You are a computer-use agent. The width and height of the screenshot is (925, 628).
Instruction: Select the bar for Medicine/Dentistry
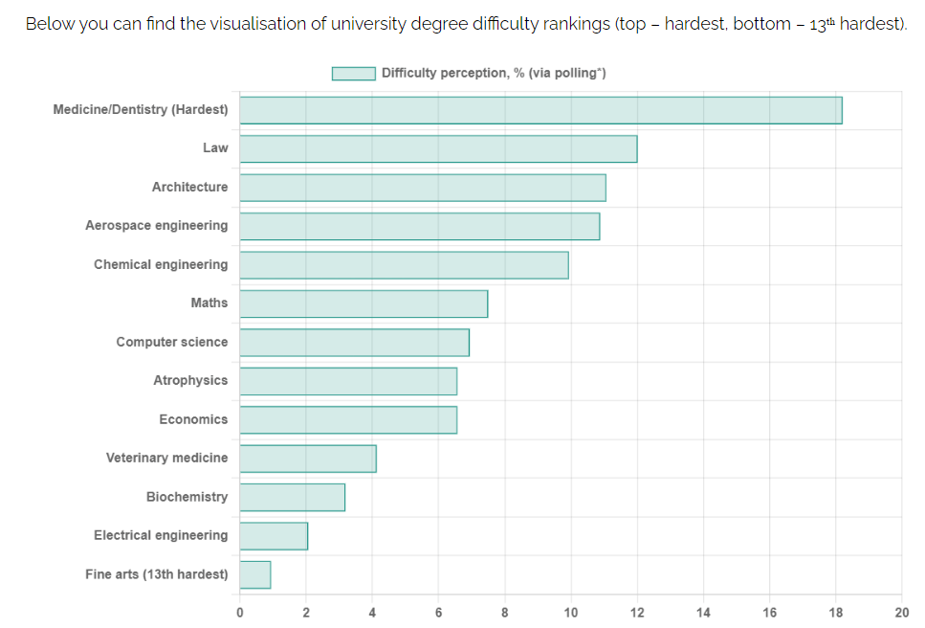point(540,110)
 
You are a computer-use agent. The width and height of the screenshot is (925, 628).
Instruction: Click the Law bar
point(438,148)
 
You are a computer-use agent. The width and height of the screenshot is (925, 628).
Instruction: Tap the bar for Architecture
point(423,188)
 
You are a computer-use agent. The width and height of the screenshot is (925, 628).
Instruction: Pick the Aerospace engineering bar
point(419,226)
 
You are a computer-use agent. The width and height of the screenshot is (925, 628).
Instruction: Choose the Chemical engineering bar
point(404,265)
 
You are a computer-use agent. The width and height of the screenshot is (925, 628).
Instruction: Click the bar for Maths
point(363,303)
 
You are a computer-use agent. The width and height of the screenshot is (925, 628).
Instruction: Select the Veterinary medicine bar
point(308,459)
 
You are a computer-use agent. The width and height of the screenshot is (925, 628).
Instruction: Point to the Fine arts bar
point(255,574)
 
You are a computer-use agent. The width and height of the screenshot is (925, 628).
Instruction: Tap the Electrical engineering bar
point(274,536)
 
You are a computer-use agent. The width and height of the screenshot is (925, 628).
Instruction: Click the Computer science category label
point(172,342)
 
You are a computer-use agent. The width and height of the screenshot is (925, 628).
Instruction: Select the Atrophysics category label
point(190,381)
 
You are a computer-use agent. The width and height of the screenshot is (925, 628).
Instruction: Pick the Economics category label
point(193,419)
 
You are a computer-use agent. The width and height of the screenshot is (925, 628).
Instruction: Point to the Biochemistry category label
point(187,497)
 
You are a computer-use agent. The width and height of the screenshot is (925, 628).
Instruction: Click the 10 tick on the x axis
point(571,613)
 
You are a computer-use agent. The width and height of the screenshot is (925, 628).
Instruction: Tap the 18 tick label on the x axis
point(836,613)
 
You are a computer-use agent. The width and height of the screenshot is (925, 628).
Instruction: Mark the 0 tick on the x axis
point(240,613)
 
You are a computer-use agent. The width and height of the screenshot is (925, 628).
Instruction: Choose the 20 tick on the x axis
point(901,613)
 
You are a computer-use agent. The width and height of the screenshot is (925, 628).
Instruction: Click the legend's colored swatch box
point(353,74)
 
